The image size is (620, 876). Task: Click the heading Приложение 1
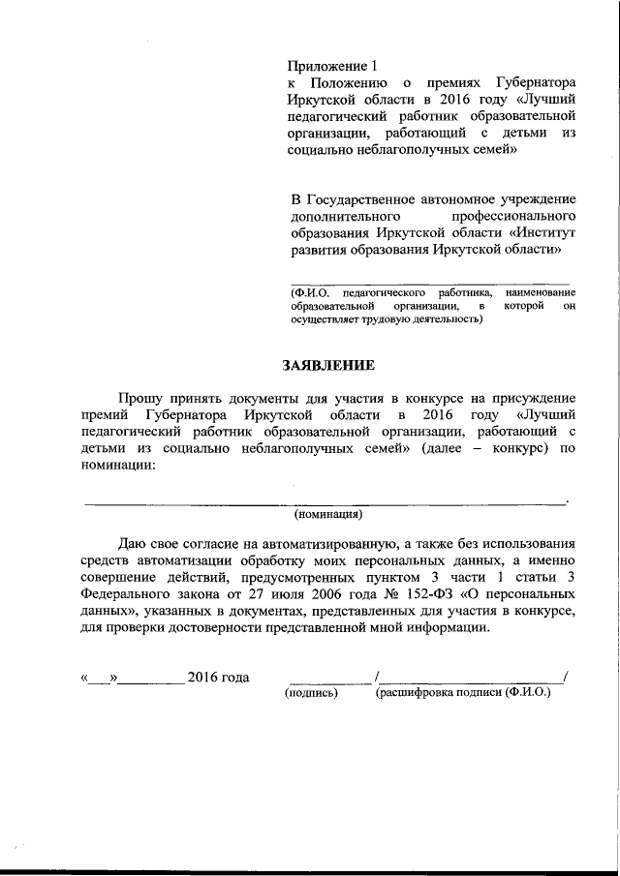331,66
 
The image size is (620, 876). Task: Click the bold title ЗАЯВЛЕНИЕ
326,366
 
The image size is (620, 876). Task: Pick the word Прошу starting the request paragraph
139,398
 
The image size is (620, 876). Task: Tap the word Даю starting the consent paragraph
134,545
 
